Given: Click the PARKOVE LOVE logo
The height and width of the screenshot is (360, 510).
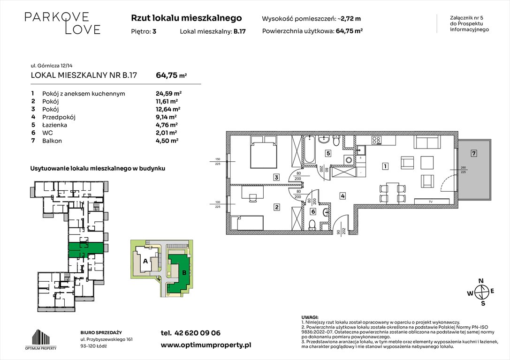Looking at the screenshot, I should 62,23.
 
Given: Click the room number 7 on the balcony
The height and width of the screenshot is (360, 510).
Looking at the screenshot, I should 474,153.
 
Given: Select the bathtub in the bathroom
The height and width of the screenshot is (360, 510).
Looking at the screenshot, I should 310,150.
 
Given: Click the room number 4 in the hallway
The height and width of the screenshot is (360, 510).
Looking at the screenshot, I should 343,196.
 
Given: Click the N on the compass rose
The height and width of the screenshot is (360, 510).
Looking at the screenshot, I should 480,281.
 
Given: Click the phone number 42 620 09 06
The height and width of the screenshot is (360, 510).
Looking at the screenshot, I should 197,333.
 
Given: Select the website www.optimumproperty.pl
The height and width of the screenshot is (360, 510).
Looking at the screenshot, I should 206,345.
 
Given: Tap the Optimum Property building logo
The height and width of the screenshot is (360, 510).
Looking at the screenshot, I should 41,337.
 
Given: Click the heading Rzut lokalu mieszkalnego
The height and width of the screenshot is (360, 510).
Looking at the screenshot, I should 187,18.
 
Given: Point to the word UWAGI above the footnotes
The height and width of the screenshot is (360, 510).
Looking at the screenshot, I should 310,317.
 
